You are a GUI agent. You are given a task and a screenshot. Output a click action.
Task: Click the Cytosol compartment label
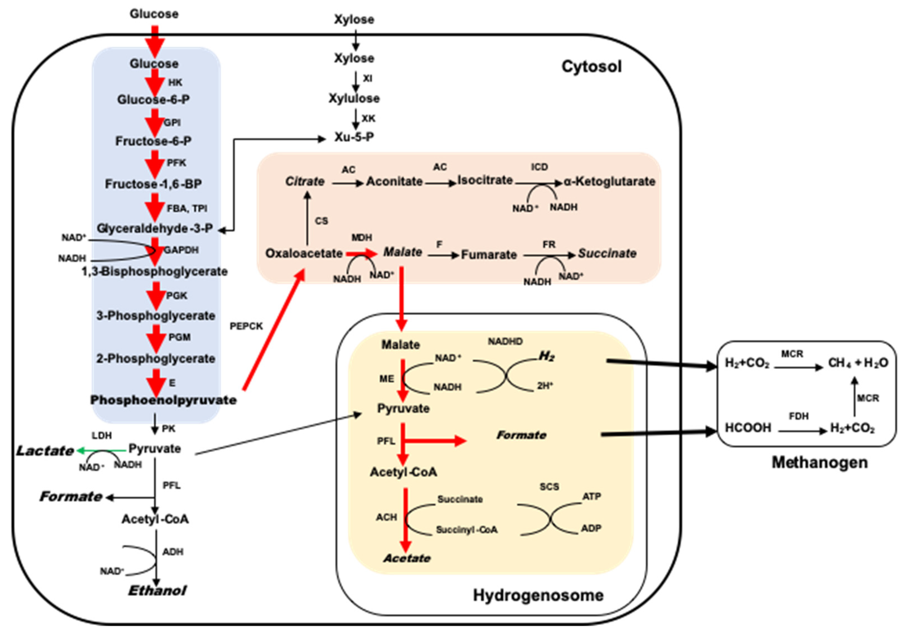591,66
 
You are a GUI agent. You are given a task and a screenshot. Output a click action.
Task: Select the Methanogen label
819,462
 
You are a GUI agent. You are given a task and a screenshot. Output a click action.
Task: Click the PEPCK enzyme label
246,326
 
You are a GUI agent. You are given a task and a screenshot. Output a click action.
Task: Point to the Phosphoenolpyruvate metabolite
163,400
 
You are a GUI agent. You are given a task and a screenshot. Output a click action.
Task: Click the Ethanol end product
157,591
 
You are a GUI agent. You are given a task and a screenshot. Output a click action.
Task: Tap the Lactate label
45,450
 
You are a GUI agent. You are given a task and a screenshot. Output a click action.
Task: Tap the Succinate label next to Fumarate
607,253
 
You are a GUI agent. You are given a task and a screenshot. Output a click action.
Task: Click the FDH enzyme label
799,416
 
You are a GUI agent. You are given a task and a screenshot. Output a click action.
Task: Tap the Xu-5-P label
354,137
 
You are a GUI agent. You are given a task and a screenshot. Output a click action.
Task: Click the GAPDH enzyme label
181,250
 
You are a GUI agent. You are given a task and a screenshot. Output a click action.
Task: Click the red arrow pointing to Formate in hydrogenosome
436,441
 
